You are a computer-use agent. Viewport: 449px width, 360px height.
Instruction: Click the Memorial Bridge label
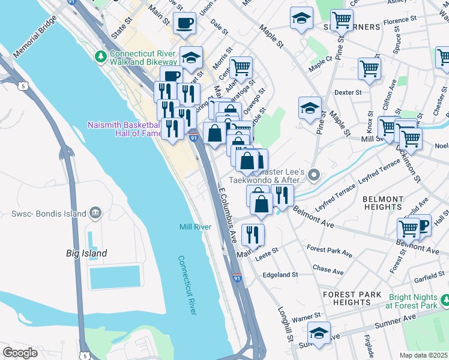[x=35, y=39]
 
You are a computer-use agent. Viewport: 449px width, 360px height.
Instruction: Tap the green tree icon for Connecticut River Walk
[x=100, y=57]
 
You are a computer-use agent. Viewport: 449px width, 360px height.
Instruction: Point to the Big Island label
[x=86, y=253]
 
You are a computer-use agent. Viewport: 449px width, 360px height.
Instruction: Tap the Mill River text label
[x=195, y=227]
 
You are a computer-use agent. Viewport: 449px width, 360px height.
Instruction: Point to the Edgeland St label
[x=280, y=274]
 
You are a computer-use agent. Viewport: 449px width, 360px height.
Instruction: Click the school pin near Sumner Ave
[x=319, y=332]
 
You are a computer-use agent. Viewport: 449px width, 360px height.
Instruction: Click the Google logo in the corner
[x=20, y=353]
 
